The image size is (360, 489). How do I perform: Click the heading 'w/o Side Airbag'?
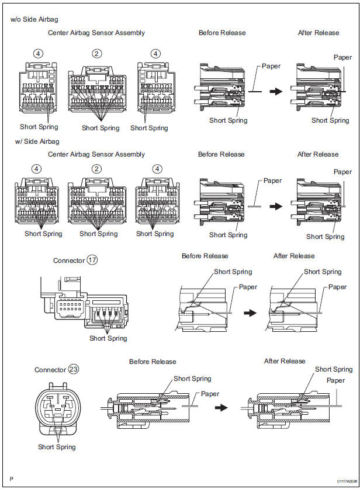(x=34, y=19)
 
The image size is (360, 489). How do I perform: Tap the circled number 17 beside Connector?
(x=93, y=260)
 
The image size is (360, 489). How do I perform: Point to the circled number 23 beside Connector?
(x=73, y=369)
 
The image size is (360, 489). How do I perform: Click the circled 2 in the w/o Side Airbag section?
(x=97, y=53)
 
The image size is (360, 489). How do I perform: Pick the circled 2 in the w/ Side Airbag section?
(x=96, y=169)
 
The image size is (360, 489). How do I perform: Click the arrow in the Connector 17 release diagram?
(x=250, y=313)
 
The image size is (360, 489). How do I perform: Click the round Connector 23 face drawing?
(x=58, y=410)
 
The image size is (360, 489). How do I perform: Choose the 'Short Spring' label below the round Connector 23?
(x=57, y=447)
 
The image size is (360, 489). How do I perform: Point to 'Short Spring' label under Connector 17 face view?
(x=109, y=338)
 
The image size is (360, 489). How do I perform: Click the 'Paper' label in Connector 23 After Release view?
(x=335, y=380)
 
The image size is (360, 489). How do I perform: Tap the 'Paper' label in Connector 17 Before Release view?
(x=248, y=287)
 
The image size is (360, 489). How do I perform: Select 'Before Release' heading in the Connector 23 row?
(x=153, y=362)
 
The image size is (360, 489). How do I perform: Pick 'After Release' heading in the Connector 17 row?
(x=293, y=256)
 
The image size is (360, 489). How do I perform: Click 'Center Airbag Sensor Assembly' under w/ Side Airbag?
(x=96, y=154)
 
